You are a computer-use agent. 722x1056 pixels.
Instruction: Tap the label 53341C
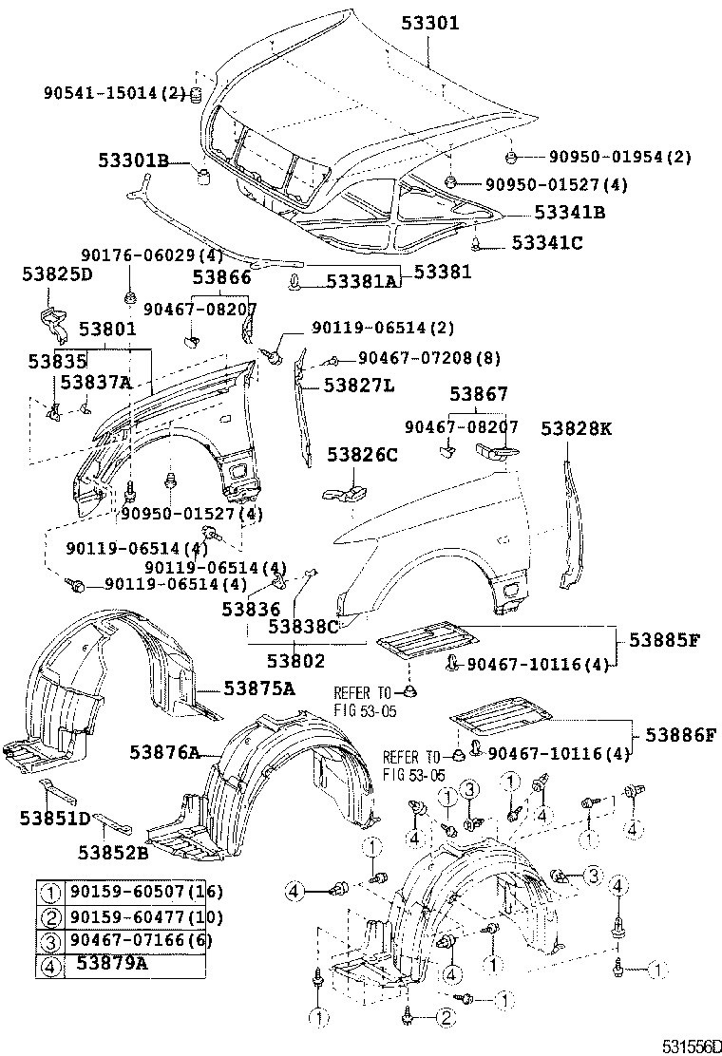[546, 243]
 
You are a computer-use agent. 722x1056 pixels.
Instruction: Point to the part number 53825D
[57, 275]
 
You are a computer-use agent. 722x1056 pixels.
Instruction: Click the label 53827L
[358, 385]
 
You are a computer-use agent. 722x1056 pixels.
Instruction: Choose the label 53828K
[577, 428]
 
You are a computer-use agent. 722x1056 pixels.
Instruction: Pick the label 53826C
[363, 455]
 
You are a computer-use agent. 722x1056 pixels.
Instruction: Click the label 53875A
[258, 688]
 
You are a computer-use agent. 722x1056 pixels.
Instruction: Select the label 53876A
[165, 753]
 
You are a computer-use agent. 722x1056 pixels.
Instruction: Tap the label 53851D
[54, 819]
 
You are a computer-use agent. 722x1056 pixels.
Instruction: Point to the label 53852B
[113, 852]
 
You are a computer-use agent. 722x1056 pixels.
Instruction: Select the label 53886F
[679, 734]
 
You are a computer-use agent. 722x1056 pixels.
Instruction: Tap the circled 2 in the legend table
[50, 917]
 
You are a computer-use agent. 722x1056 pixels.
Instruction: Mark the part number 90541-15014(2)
[113, 92]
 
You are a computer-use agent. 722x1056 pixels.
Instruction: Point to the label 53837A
[95, 382]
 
